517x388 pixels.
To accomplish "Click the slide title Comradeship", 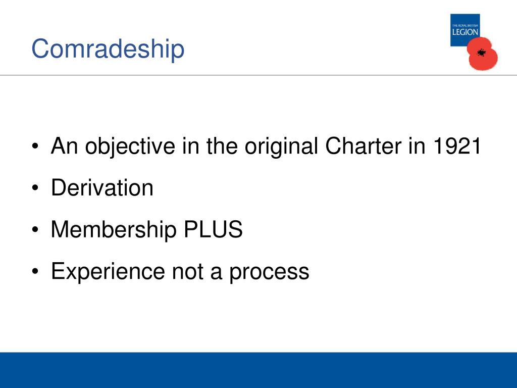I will click(108, 49).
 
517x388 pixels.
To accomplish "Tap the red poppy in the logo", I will click(483, 55).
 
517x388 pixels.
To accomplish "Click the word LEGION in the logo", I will click(465, 32).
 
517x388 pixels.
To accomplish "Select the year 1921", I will click(456, 147).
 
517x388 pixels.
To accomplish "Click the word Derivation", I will click(102, 188).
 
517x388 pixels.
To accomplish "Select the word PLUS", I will click(213, 230).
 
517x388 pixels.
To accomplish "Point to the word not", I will click(187, 272).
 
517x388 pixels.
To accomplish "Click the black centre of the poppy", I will click(481, 52).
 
